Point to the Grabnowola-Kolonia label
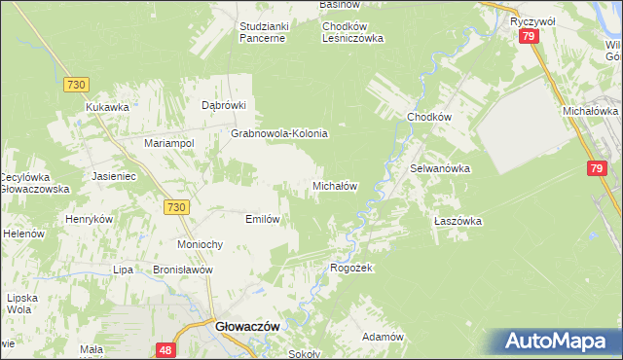[278, 133]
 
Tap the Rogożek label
[352, 268]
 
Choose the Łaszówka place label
[458, 221]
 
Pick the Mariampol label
[169, 143]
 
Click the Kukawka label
[107, 107]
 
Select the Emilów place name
[263, 219]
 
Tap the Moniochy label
[202, 244]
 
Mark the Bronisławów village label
[182, 270]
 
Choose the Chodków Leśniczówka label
[353, 32]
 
